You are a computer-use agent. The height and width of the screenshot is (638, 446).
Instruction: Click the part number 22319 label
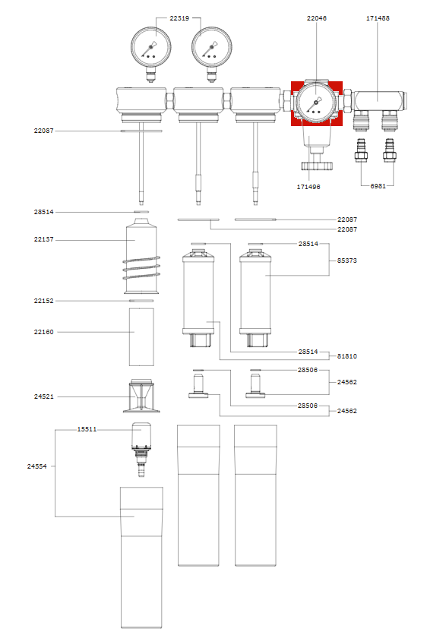point(179,17)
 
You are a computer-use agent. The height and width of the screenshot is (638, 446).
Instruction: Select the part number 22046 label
point(317,17)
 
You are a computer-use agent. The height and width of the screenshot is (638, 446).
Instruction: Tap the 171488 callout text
point(378,17)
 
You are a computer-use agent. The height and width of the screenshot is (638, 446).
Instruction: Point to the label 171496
point(308,185)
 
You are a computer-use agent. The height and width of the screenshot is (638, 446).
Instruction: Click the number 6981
point(378,185)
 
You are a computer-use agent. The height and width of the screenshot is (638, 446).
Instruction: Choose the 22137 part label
point(43,240)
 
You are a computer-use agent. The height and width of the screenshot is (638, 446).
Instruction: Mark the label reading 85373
point(347,261)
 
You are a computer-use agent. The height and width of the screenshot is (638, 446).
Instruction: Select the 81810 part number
point(347,355)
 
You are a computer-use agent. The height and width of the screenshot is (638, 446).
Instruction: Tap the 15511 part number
point(87,429)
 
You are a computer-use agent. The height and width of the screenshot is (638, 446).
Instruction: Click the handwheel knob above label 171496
point(315,166)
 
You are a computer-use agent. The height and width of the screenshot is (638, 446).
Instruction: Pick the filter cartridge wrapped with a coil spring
point(141,258)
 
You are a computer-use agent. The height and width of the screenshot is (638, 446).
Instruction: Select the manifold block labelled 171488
point(378,97)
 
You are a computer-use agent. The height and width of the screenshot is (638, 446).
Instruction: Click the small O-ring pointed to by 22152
point(141,301)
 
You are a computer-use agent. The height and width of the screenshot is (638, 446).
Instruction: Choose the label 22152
point(43,301)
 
